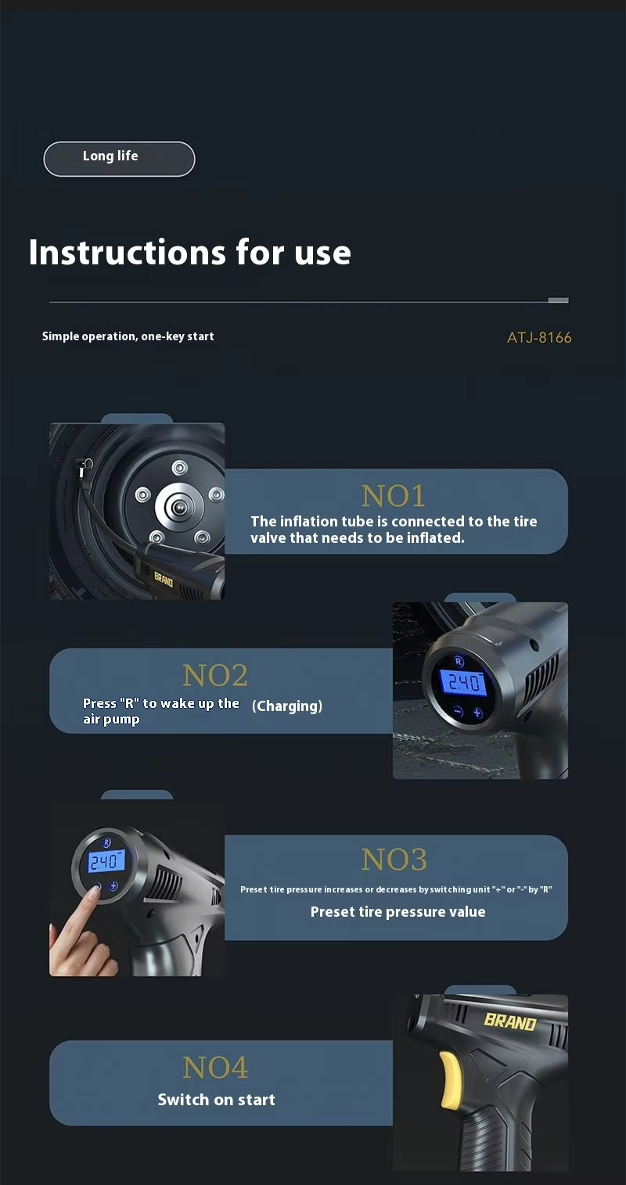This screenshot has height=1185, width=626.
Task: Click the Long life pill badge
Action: [119, 159]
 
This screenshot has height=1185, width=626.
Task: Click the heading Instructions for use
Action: [190, 252]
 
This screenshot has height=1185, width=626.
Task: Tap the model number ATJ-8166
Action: [539, 338]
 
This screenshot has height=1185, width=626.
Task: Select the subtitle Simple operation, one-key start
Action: [128, 336]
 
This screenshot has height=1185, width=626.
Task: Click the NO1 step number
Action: [393, 496]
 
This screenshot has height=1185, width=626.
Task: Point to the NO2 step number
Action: [215, 675]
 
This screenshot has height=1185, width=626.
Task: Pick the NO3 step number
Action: [394, 859]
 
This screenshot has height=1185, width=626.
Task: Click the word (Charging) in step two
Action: [287, 706]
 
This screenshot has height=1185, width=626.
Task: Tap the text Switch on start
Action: [217, 1099]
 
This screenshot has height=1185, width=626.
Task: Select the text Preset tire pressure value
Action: [398, 911]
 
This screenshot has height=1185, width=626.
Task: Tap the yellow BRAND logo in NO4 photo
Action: [510, 1022]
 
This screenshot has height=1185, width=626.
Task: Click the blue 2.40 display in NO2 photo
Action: [464, 682]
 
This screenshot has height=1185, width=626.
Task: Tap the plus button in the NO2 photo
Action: [477, 713]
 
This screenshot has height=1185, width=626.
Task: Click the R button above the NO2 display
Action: [459, 661]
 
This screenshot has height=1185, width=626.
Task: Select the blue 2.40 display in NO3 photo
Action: [106, 862]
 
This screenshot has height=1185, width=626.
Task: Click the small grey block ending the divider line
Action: [558, 300]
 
